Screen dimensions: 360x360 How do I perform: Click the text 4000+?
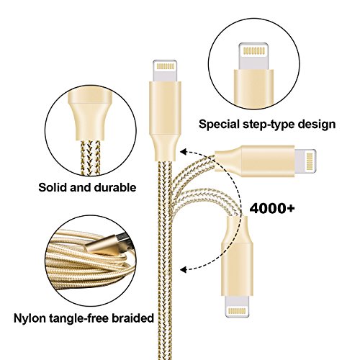[272, 208]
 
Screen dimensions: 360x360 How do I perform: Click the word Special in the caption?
[219, 125]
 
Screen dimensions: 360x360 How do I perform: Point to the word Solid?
[53, 187]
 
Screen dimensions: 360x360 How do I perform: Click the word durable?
[115, 187]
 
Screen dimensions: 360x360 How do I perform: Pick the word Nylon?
[30, 318]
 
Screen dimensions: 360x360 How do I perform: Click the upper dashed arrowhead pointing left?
[184, 152]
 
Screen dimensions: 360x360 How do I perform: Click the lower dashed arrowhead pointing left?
[184, 269]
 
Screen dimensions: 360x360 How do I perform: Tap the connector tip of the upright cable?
[165, 71]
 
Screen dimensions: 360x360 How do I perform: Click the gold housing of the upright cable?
[165, 121]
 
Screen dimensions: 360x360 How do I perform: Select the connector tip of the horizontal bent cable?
[305, 161]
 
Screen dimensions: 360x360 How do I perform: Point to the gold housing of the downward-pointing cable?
[237, 256]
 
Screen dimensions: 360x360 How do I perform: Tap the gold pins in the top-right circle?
[254, 50]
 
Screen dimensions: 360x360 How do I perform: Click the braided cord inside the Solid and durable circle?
[90, 157]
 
